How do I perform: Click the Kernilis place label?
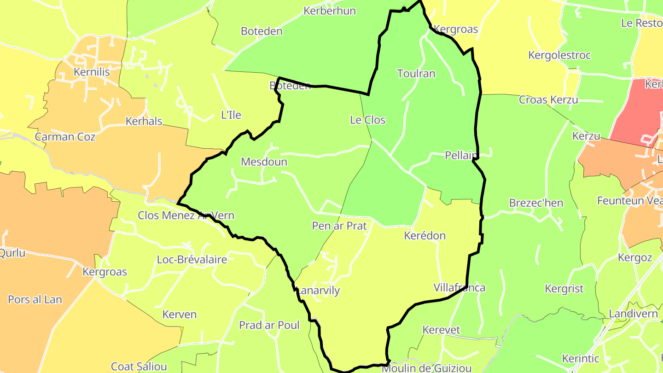point(92,72)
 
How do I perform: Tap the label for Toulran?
point(416,74)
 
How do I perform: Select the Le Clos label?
point(367,120)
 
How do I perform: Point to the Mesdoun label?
point(264,162)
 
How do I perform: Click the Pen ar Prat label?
point(339,226)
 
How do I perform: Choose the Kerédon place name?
point(425,236)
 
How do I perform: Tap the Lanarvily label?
point(318,291)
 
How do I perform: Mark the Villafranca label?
point(459,288)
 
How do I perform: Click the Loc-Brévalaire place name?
point(192,260)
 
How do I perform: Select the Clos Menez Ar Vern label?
point(186,216)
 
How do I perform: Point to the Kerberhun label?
point(329,11)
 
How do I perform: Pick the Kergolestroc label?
point(559,56)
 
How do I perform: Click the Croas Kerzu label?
point(548,100)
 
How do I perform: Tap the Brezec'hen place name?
point(536,203)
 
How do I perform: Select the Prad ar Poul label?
point(269,326)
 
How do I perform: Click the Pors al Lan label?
point(35,300)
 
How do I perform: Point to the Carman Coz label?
point(65,137)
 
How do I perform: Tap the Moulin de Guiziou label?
point(426,368)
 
